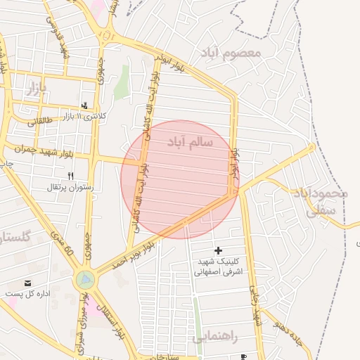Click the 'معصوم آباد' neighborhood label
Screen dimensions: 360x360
click(230, 53)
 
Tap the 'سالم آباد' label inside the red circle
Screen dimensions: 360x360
click(190, 142)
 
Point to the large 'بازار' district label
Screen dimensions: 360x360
click(35, 88)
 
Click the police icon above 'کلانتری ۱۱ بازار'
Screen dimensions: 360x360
click(86, 105)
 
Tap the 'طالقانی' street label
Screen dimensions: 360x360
click(40, 122)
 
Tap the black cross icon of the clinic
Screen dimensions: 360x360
click(218, 250)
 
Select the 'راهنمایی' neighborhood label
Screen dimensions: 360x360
click(214, 337)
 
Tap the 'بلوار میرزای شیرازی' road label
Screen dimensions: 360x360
click(84, 323)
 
